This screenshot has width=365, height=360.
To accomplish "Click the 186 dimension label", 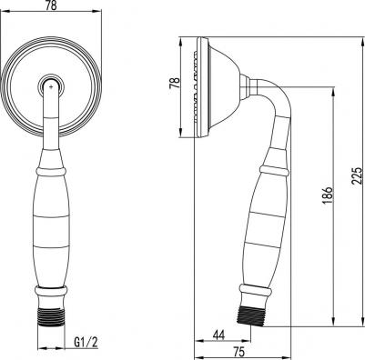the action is pos(328,195).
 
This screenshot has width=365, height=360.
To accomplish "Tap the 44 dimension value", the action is pos(218,335).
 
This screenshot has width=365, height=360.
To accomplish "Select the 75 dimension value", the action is pos(238,352).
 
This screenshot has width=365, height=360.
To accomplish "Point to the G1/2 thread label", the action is pos(86,343).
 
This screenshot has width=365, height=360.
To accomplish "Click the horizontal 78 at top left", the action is pos(51,5).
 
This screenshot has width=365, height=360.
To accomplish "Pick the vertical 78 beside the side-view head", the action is pos(175,83).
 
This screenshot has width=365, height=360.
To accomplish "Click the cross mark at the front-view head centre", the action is pos(51,87).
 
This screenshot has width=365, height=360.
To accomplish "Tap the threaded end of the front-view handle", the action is pos(51,316).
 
